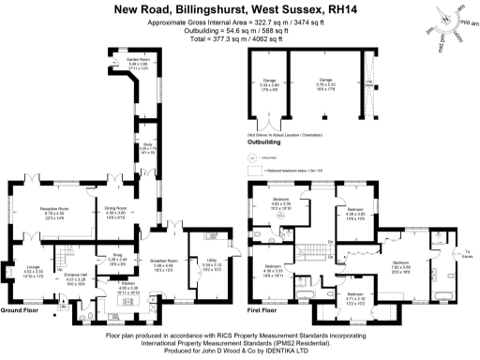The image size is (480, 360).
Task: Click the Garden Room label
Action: point(138,63)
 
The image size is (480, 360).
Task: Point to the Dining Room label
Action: point(115,210)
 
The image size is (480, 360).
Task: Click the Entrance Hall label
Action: point(76,277)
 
